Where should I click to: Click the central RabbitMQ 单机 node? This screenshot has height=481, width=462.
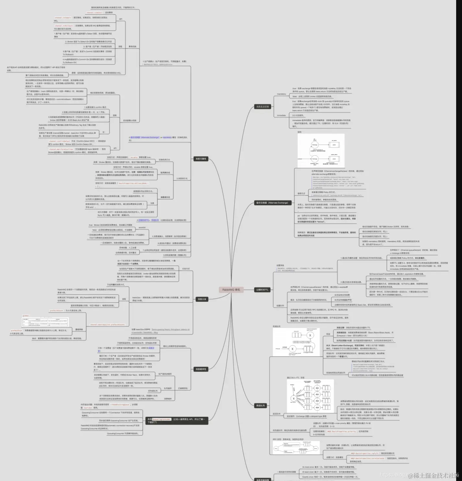coord(231,290)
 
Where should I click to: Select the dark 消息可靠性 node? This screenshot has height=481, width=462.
coord(201,159)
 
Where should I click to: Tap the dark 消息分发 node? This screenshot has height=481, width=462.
coord(202,299)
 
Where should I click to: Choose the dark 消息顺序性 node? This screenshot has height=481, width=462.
coord(201,369)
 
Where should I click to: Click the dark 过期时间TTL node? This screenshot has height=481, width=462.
coord(262,290)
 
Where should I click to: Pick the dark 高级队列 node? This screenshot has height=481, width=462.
coord(261,405)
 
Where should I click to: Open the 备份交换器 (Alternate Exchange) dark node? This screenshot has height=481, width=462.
coord(272,203)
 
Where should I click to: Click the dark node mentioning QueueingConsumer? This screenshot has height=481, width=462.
coord(176,421)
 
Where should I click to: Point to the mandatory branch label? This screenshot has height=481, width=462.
coord(281,94)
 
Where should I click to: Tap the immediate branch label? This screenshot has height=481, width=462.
coord(281,115)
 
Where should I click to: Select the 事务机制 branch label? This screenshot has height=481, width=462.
coord(132,47)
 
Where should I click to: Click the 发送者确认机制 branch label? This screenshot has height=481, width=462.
coord(129,121)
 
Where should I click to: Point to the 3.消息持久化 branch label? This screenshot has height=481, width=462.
coord(182,179)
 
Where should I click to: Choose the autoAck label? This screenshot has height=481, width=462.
coord(142,228)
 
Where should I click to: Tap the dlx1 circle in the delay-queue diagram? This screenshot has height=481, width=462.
coord(317,388)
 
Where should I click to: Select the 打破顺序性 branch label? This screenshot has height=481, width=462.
coord(183,388)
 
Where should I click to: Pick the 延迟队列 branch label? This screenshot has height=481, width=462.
coord(276,414)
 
